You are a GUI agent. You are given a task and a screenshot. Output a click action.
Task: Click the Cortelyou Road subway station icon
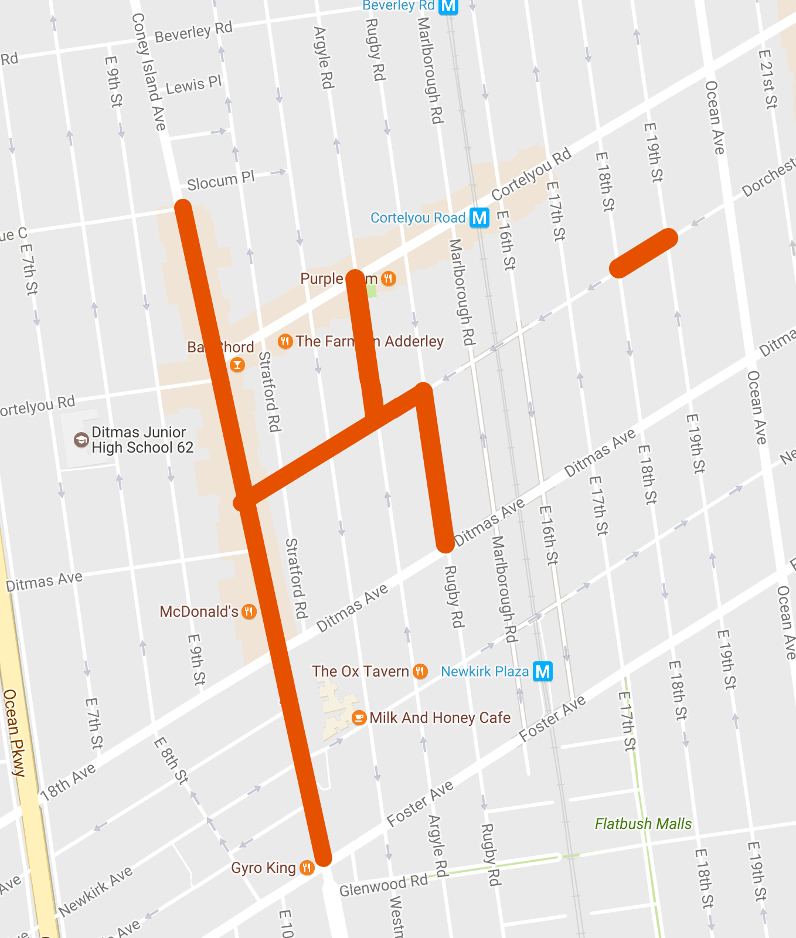point(479,218)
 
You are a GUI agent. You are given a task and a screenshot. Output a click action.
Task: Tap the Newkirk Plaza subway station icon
point(543,671)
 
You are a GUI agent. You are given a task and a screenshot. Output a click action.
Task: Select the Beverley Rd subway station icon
point(448,6)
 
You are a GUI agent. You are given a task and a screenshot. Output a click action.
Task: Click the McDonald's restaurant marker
point(249,612)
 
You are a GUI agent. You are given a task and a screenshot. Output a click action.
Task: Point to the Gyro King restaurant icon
point(307,868)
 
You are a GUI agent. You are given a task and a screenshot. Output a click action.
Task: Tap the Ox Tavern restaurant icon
point(420,671)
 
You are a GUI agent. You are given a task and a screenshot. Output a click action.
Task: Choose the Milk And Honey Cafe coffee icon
point(359,718)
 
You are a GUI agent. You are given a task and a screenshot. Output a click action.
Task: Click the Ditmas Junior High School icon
point(81,440)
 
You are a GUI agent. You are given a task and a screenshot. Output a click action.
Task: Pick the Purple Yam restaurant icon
point(388,278)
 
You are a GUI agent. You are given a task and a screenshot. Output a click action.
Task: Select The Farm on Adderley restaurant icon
point(285,341)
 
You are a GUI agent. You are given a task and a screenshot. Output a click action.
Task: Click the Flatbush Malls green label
point(643,824)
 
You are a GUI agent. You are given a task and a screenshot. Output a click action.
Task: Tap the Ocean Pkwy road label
point(15,733)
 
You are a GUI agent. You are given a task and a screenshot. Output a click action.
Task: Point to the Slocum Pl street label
point(220,181)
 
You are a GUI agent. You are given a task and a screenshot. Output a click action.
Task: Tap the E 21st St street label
point(767,79)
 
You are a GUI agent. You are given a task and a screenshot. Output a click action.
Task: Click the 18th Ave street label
point(67,783)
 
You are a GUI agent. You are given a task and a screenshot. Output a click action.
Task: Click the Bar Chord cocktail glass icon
point(237,365)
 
